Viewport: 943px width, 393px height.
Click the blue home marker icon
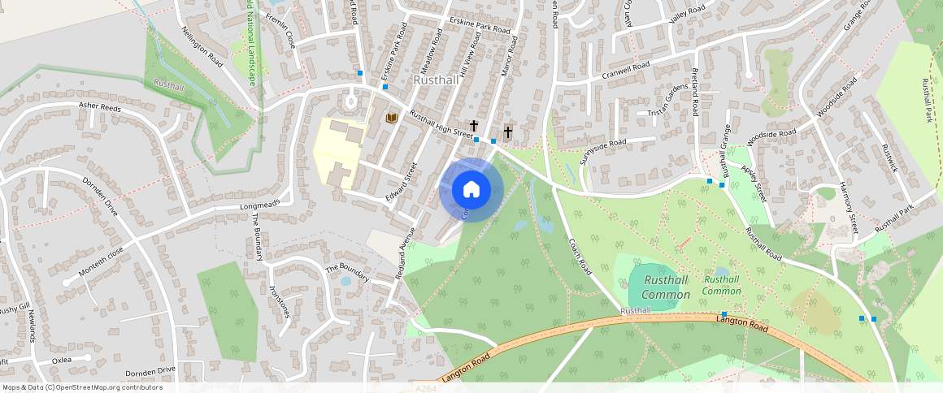point(471,190)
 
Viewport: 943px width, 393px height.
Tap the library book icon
point(392,119)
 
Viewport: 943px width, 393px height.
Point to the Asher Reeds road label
point(100,106)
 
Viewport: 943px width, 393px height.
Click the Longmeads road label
point(260,204)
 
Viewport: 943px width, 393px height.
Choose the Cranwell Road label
point(626,71)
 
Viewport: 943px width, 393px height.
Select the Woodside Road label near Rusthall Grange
point(771,137)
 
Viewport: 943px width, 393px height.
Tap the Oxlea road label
point(62,359)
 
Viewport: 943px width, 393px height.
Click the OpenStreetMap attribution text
point(83,387)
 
